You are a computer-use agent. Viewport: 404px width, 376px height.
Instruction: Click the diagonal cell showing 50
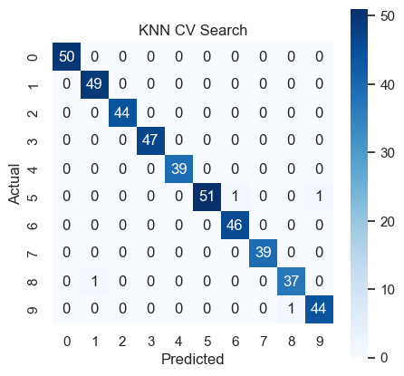click(x=66, y=56)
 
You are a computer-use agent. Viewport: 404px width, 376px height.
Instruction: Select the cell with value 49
click(x=94, y=84)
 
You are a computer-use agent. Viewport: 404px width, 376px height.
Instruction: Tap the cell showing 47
click(x=150, y=140)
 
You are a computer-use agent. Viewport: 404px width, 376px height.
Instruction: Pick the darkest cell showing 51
click(x=207, y=197)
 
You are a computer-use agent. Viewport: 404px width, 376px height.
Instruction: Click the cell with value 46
click(x=235, y=225)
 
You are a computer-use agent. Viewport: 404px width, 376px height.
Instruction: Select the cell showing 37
click(x=291, y=281)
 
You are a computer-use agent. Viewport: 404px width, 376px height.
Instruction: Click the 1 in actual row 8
click(x=94, y=281)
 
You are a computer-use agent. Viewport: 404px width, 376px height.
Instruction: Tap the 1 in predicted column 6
click(x=235, y=197)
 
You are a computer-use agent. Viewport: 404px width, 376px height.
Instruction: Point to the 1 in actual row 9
click(x=291, y=309)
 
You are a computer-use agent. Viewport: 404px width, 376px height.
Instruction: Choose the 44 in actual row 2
click(x=122, y=112)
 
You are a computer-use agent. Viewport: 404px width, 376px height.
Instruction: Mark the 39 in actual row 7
click(x=263, y=253)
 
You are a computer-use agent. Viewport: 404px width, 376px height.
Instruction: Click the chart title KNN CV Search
click(x=193, y=30)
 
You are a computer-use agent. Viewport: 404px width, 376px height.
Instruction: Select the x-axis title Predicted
click(x=193, y=359)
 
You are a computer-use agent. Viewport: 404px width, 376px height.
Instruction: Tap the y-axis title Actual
click(x=14, y=184)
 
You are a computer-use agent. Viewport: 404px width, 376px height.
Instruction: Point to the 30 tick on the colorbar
click(x=388, y=153)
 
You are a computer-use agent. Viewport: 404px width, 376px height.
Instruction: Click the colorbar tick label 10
click(x=388, y=290)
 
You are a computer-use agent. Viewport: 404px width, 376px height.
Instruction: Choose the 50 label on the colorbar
click(x=388, y=16)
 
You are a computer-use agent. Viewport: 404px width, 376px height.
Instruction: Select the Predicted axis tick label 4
click(x=178, y=342)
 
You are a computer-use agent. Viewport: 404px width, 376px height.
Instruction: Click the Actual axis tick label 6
click(x=33, y=226)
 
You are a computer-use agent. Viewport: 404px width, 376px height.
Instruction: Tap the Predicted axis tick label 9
click(x=320, y=342)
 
